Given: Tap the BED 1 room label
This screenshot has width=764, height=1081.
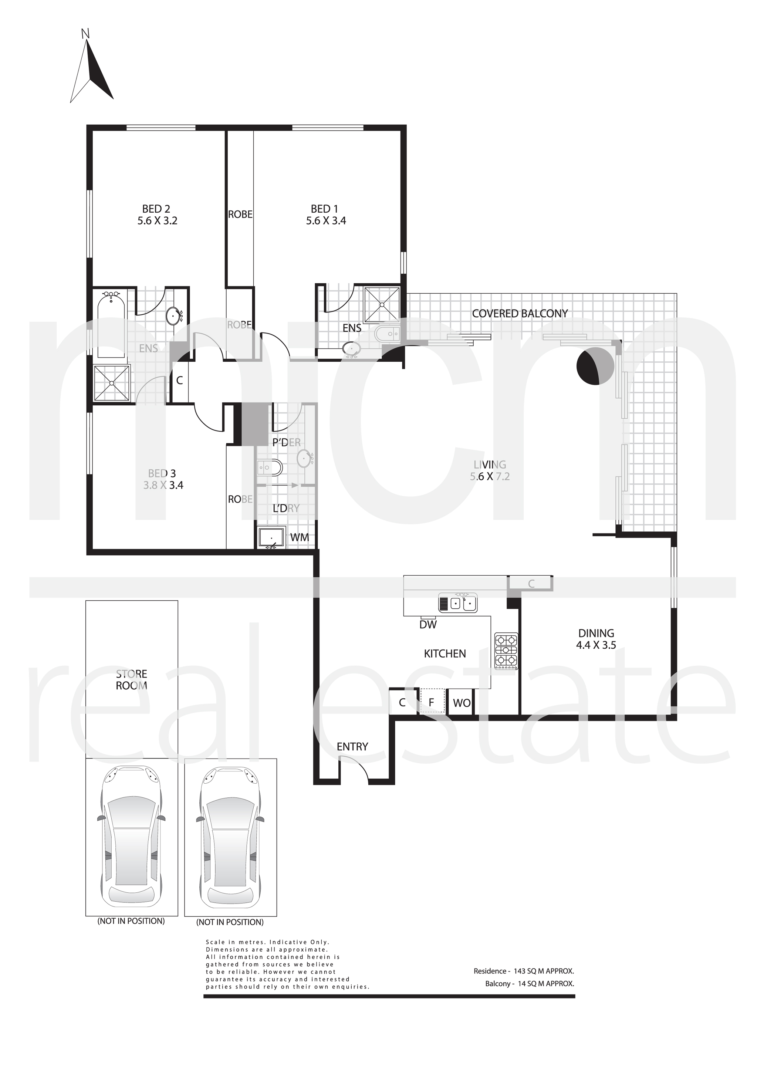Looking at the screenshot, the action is (324, 209).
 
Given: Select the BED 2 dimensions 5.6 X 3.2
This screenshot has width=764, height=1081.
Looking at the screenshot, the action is (157, 221).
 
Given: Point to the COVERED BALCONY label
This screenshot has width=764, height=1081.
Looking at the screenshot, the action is (520, 314).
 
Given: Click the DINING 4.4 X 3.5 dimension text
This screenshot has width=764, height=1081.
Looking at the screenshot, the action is (596, 645).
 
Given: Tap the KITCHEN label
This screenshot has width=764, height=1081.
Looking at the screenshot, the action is (445, 653).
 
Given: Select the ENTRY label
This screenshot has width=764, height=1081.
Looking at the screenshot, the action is (352, 747).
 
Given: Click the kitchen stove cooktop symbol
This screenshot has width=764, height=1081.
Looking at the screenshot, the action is (506, 651).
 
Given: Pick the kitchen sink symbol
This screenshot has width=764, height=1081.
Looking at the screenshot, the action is (457, 603).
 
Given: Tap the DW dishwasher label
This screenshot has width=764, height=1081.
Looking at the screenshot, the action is (428, 625).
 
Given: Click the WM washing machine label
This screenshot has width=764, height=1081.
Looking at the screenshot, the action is (300, 537).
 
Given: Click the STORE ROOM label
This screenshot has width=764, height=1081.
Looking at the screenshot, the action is (131, 680).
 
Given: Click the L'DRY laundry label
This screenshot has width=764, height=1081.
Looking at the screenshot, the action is (286, 509).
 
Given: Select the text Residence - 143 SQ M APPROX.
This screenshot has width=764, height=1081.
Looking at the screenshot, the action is (524, 971).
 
